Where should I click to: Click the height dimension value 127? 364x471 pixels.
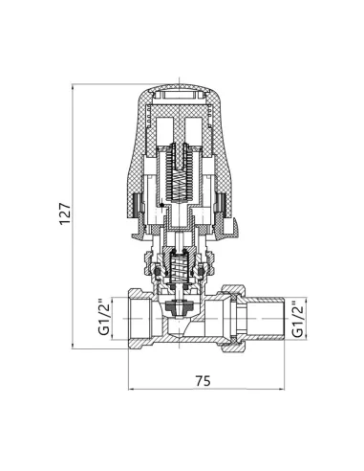tap(65, 213)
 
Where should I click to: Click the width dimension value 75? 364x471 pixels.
tap(203, 380)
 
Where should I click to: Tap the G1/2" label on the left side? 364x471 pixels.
tap(104, 317)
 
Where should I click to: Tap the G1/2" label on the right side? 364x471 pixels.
tap(297, 319)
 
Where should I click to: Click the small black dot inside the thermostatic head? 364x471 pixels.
tap(162, 205)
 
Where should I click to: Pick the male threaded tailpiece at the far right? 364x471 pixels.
tap(265, 319)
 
